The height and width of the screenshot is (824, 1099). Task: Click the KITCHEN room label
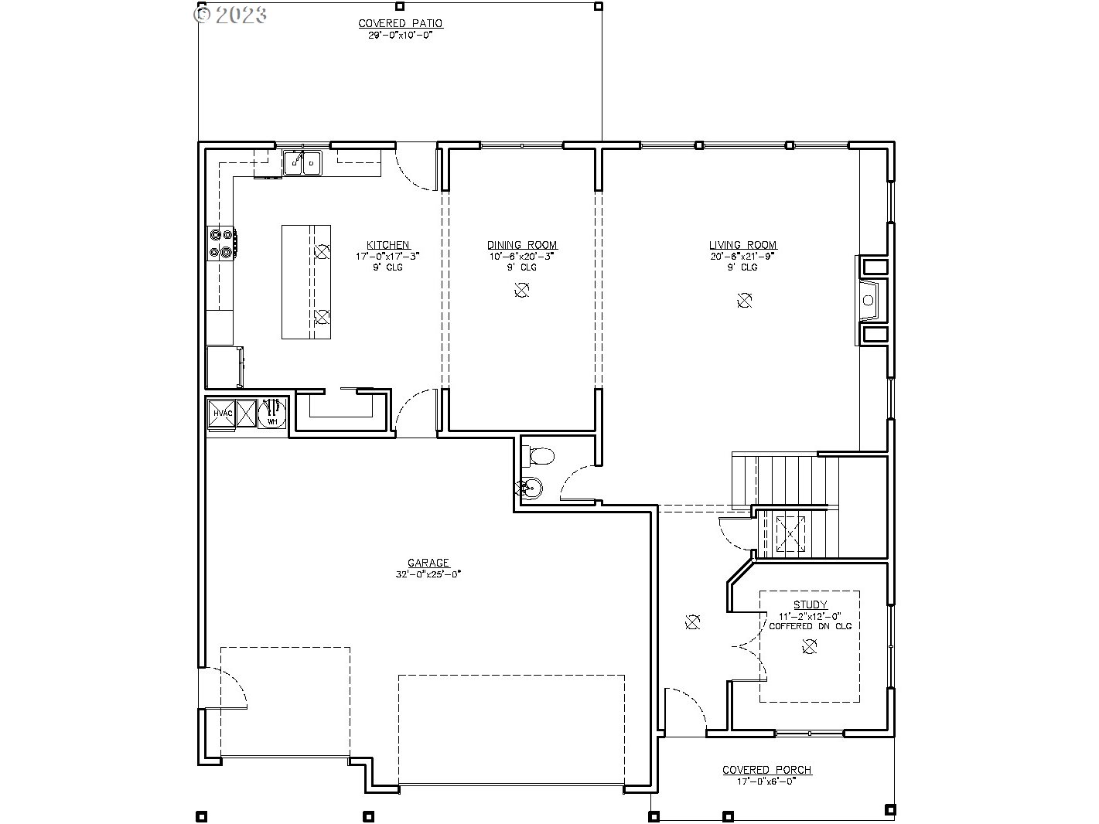[387, 245]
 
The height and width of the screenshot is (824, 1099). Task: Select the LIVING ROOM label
[742, 245]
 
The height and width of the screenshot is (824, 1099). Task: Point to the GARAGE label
[428, 564]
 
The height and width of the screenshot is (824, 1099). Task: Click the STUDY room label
[810, 604]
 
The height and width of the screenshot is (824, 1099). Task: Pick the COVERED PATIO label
[400, 24]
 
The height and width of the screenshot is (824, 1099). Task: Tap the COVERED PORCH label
[766, 770]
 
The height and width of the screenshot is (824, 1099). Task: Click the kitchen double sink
[302, 163]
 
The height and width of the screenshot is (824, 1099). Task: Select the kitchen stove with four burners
[222, 243]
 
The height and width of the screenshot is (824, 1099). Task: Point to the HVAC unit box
[222, 414]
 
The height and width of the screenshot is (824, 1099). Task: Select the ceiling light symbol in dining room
[522, 290]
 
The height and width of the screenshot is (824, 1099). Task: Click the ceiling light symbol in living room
[744, 300]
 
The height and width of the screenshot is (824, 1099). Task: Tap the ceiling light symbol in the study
[809, 648]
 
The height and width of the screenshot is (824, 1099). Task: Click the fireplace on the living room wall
[871, 300]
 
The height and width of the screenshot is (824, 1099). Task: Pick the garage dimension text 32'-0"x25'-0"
[428, 574]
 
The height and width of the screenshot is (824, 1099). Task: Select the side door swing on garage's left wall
[224, 688]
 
